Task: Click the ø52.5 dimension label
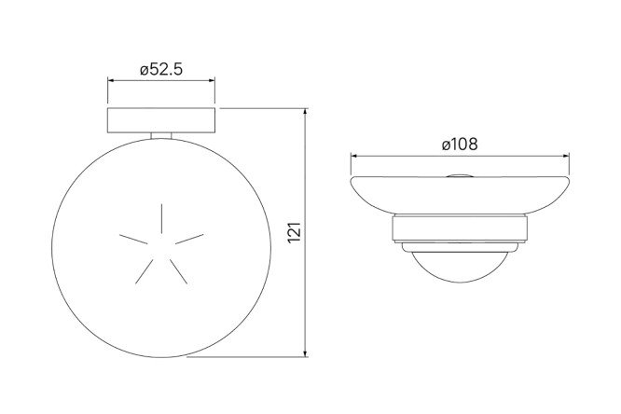(161, 70)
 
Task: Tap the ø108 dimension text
(460, 145)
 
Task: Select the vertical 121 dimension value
(295, 232)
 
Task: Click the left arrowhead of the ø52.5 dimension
(111, 80)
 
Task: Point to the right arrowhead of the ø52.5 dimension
(212, 80)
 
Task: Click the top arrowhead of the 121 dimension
(305, 111)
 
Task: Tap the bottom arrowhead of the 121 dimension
(305, 353)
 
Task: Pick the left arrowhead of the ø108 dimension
(353, 156)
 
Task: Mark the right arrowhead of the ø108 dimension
(566, 156)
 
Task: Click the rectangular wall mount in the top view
(161, 120)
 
